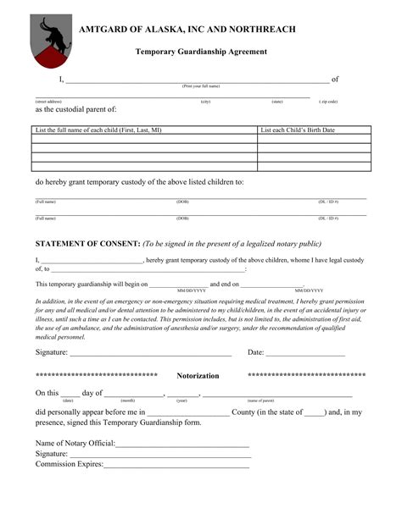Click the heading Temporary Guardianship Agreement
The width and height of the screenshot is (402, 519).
pyautogui.click(x=201, y=52)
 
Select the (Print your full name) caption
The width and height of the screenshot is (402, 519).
pyautogui.click(x=201, y=86)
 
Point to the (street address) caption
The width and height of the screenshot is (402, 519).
pyautogui.click(x=48, y=102)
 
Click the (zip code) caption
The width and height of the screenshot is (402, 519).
pyautogui.click(x=328, y=102)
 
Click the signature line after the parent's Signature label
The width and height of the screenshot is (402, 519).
pyautogui.click(x=151, y=352)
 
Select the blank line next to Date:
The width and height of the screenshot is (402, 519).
pyautogui.click(x=306, y=352)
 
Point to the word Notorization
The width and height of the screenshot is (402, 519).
pyautogui.click(x=198, y=375)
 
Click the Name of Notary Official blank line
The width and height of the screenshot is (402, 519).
pyautogui.click(x=181, y=444)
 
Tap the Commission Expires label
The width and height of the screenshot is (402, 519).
pyautogui.click(x=69, y=464)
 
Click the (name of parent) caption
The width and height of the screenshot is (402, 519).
pyautogui.click(x=260, y=400)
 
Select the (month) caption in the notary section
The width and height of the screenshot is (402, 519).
pyautogui.click(x=128, y=400)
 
